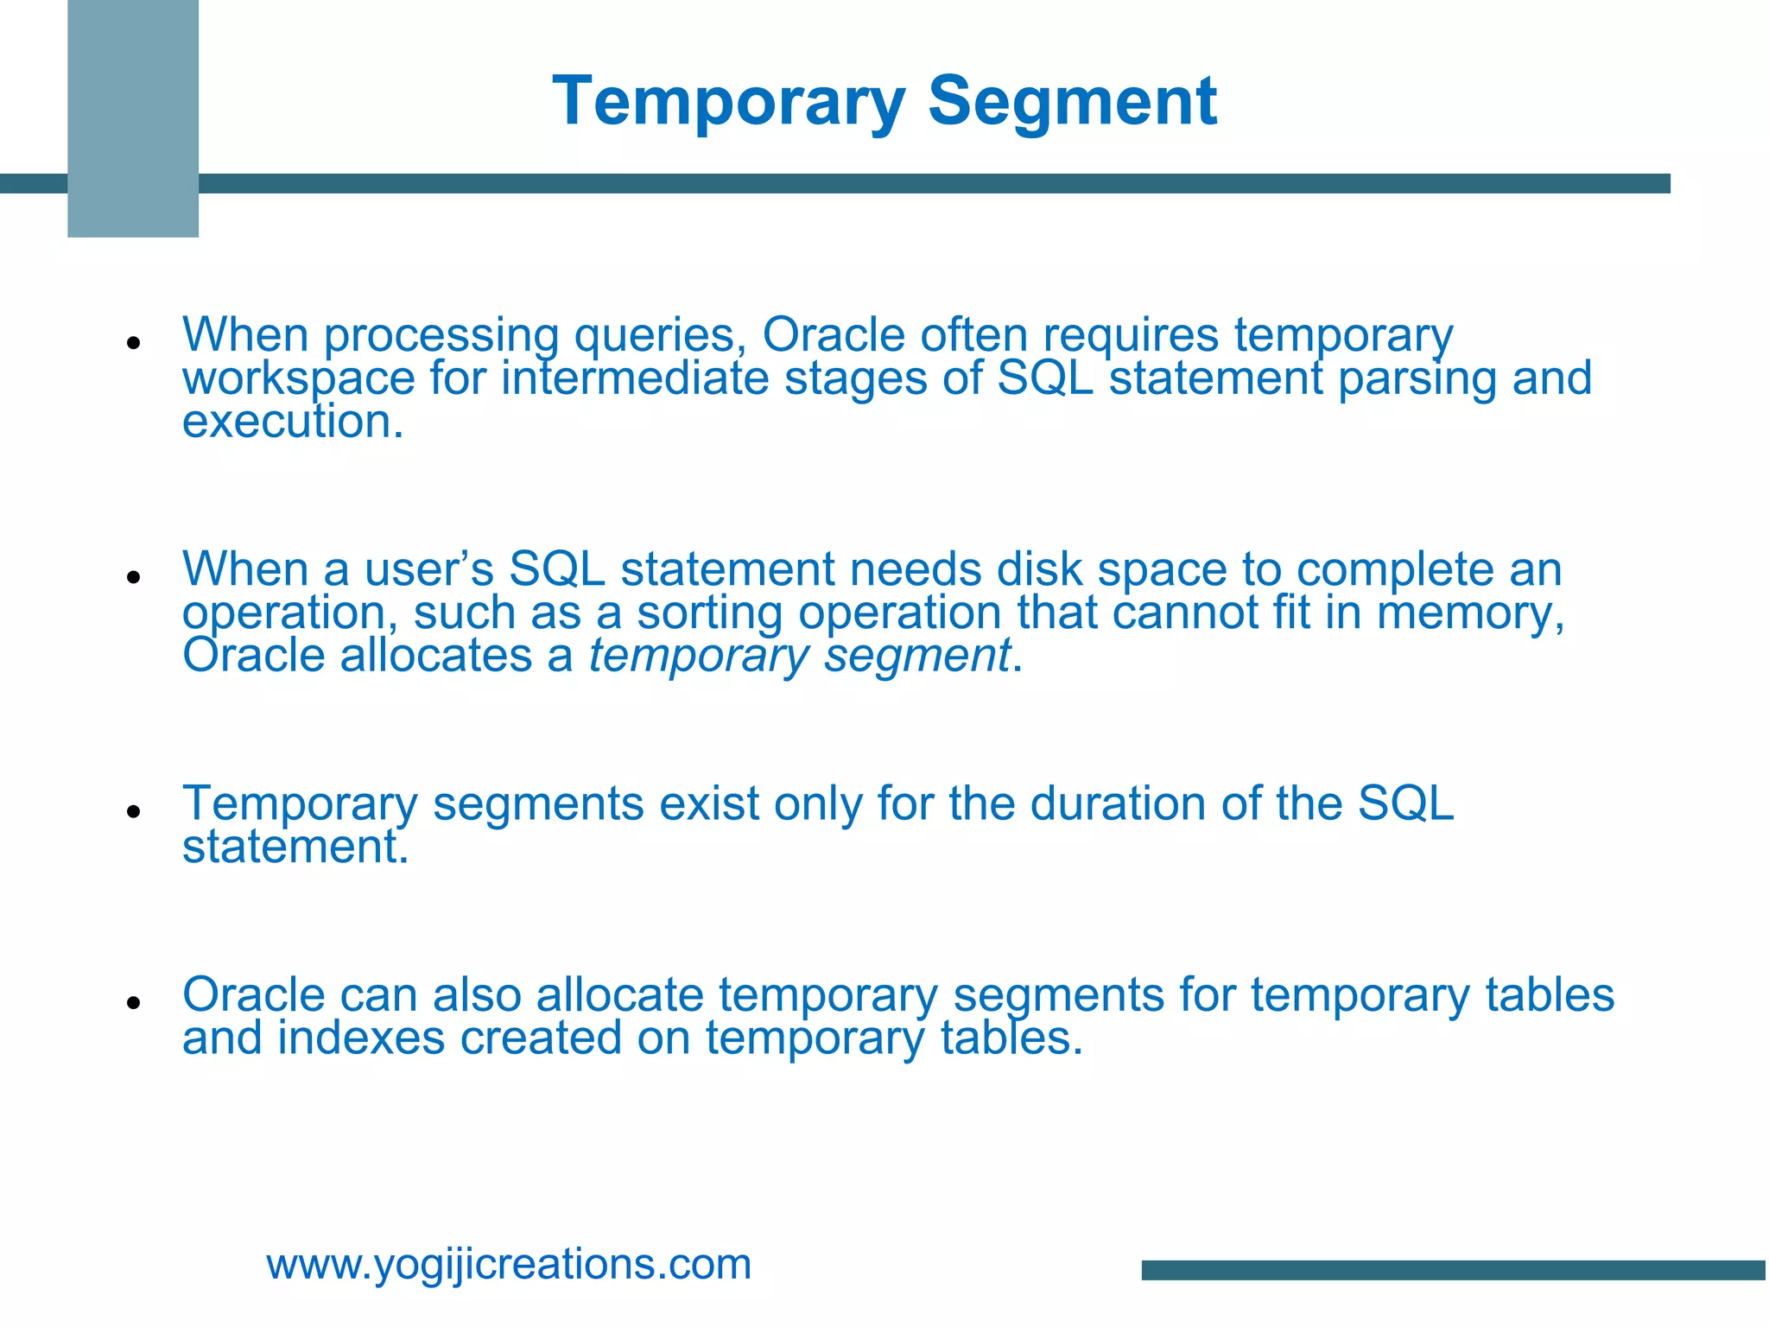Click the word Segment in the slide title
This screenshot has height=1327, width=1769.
coord(1072,102)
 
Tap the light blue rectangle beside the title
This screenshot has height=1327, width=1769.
coord(133,118)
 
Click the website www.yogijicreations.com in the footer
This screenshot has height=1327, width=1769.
coord(509,1264)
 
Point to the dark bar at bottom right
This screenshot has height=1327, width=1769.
coord(1454,1270)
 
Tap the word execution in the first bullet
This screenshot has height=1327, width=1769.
coord(292,422)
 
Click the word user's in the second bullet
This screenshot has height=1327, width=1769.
coord(429,569)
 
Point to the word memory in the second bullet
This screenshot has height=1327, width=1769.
coord(1468,613)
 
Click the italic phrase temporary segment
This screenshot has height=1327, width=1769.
coord(799,656)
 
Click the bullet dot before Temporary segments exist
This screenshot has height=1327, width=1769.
coord(133,811)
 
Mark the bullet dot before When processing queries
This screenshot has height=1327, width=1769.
coord(133,343)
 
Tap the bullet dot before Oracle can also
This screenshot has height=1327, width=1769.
coord(133,1002)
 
